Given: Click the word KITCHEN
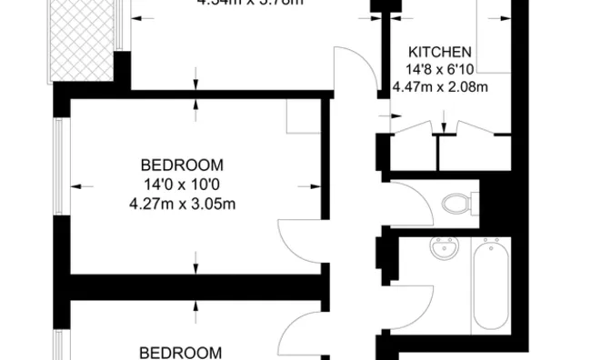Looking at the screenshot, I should tap(439, 52).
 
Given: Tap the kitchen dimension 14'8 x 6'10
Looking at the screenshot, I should tap(439, 69).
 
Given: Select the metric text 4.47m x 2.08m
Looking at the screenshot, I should tap(439, 87).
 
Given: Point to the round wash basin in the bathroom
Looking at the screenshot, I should tap(446, 249).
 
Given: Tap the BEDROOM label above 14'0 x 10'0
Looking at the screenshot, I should tap(182, 165).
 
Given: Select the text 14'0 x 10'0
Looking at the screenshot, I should tap(182, 185).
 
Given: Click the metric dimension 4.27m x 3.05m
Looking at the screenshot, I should tap(182, 203).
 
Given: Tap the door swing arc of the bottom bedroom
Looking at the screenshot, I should tap(295, 335).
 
